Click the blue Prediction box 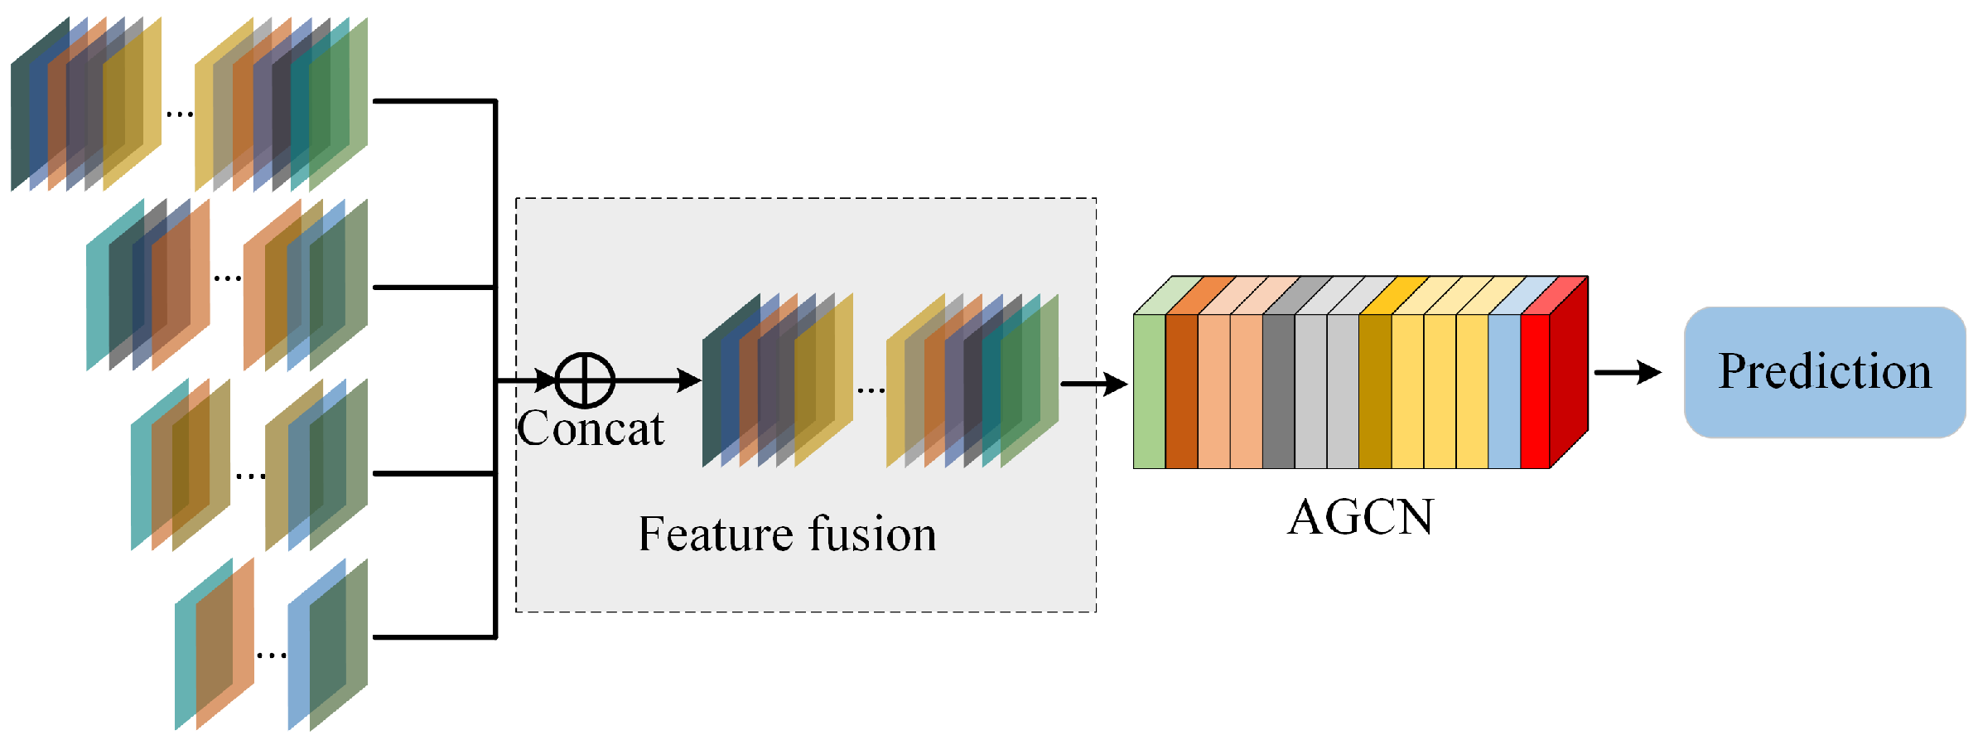pos(1824,371)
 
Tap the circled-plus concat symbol pos(585,380)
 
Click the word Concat pos(590,428)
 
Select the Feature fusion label pos(787,534)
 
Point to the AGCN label pos(1360,517)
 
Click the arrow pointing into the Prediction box pos(1627,372)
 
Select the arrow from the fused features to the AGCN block pos(1093,384)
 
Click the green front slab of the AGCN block pos(1149,391)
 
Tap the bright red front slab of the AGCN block pos(1535,391)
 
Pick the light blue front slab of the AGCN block pos(1504,391)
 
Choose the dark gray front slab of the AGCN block pos(1278,391)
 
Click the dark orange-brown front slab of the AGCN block pos(1181,391)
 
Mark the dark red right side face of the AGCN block pos(1569,373)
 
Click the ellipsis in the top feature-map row pos(179,114)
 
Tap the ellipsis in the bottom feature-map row pos(272,656)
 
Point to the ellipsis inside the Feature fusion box pos(871,390)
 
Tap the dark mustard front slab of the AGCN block pos(1375,391)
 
